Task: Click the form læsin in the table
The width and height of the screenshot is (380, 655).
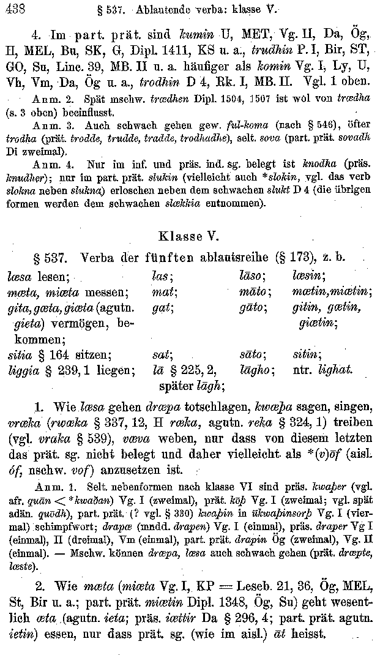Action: point(308,276)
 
